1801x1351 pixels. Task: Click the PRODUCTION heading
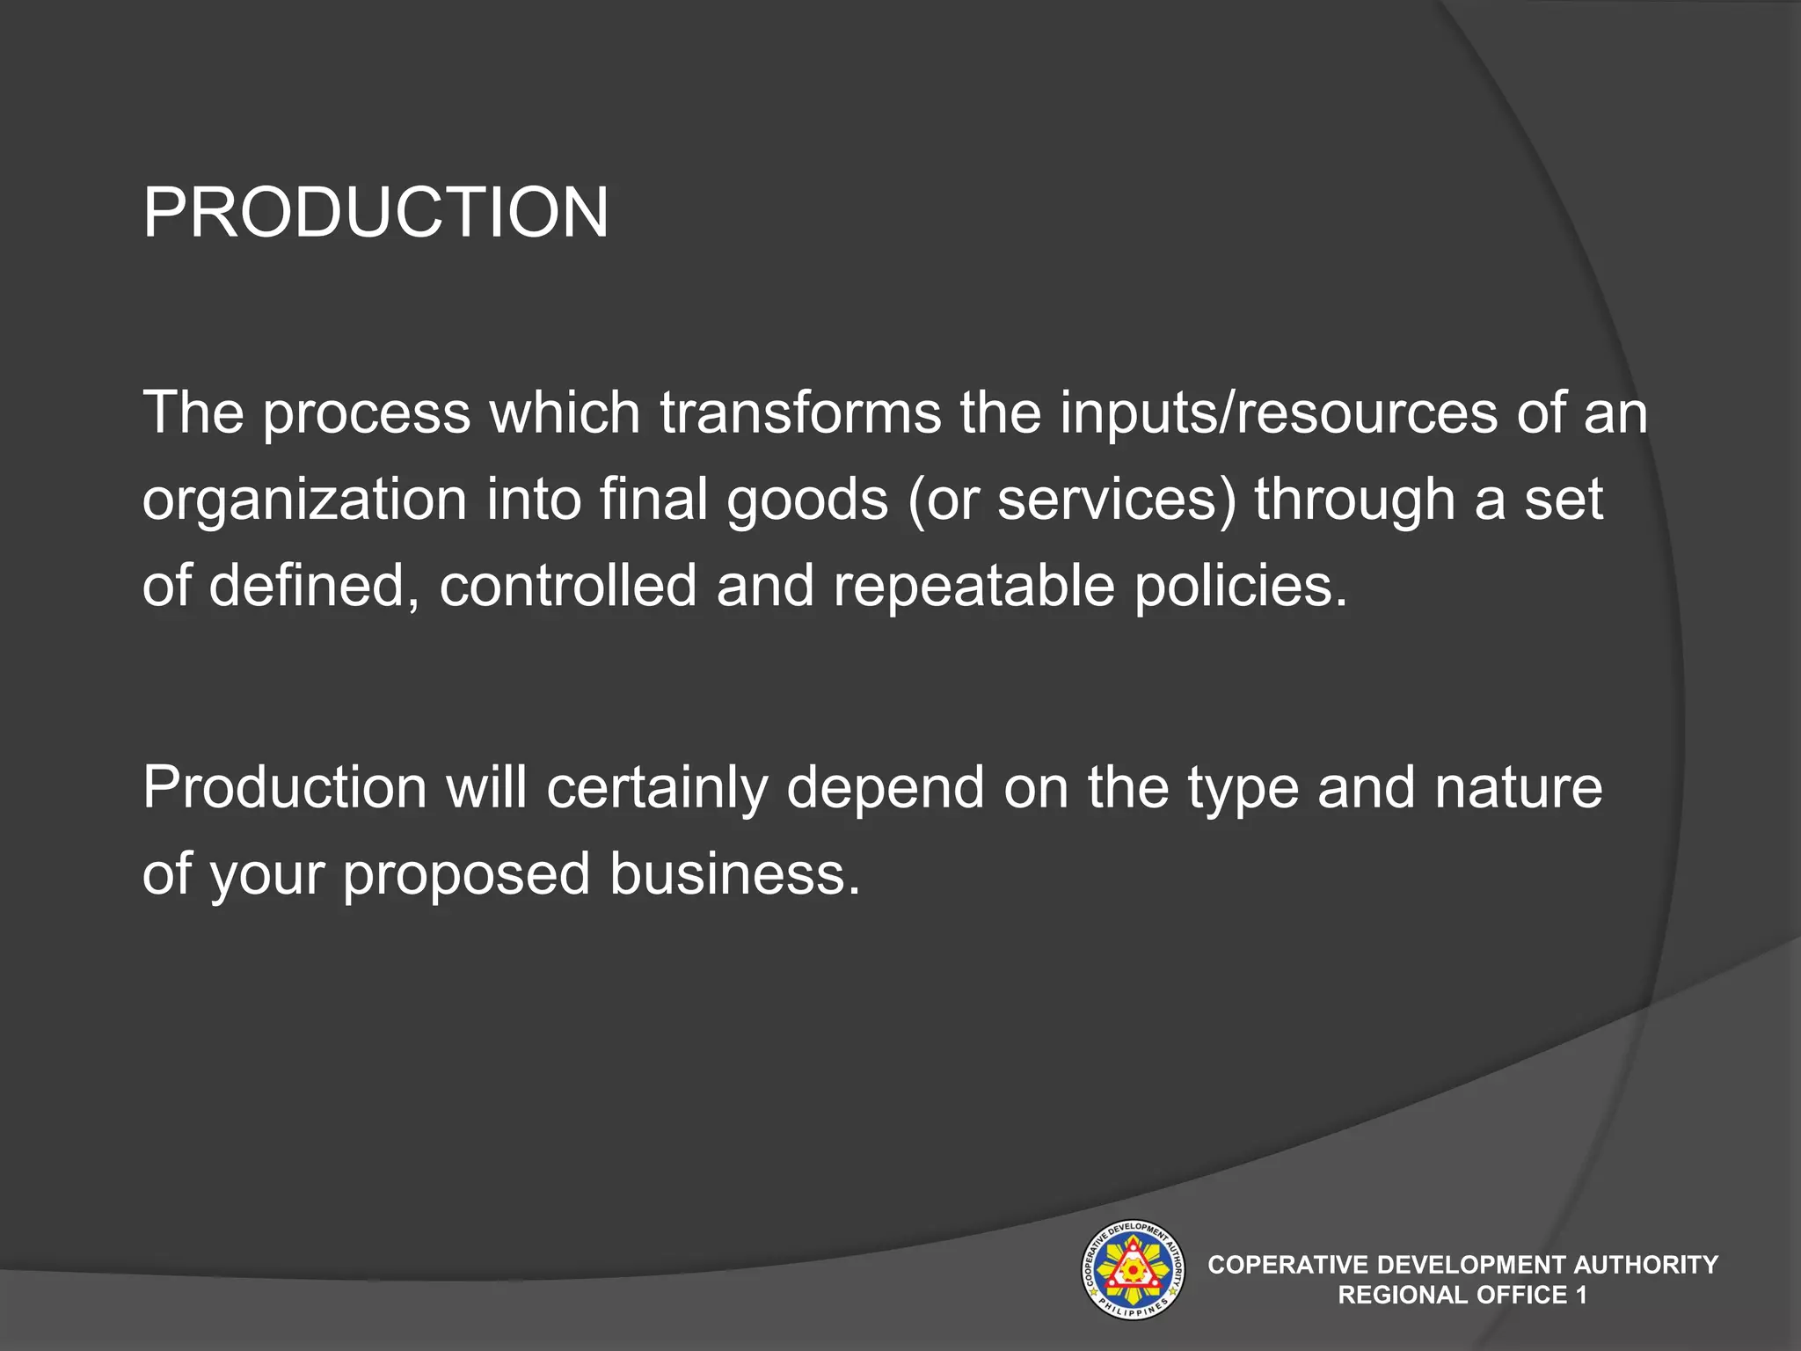(376, 213)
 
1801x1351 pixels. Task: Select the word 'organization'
(304, 500)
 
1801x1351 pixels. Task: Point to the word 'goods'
(808, 500)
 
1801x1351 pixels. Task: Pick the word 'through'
(1354, 500)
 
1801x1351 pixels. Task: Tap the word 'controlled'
(568, 586)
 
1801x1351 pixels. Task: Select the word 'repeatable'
(973, 586)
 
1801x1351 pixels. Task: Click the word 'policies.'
(1241, 586)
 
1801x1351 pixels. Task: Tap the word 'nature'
(1518, 787)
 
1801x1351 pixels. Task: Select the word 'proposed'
(466, 874)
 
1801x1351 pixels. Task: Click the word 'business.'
(735, 874)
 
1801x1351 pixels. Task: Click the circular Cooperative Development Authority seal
(1132, 1269)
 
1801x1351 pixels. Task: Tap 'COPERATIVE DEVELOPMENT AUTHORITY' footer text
(1462, 1265)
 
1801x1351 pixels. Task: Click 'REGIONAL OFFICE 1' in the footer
(1462, 1295)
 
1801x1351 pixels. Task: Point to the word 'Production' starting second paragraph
(285, 787)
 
